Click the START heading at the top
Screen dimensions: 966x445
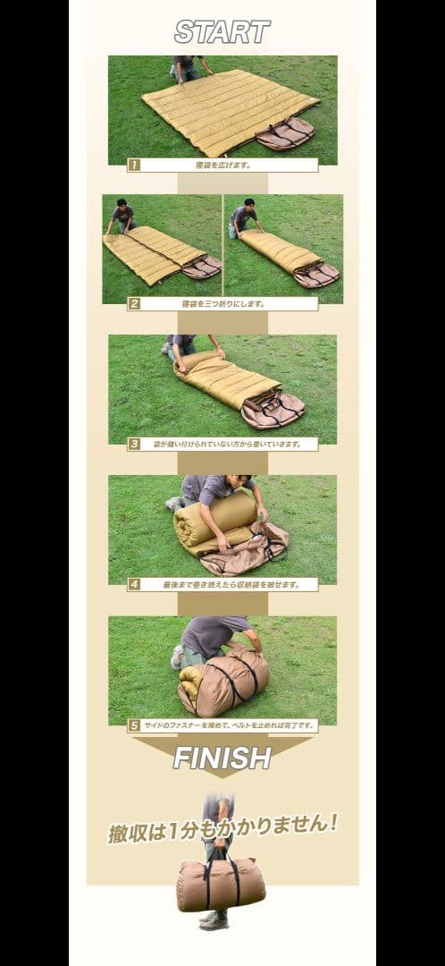222,33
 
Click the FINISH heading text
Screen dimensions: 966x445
222,758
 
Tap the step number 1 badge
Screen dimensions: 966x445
134,165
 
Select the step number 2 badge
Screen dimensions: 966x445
134,303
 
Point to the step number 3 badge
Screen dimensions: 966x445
134,444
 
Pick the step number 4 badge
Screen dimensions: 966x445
134,584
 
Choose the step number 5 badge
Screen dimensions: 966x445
134,725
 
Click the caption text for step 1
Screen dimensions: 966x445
222,165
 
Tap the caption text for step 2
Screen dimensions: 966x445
222,303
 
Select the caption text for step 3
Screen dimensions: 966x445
222,444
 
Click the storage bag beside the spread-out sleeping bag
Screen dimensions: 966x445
285,134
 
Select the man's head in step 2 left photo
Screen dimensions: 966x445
122,206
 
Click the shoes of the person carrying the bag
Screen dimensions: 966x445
214,920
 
